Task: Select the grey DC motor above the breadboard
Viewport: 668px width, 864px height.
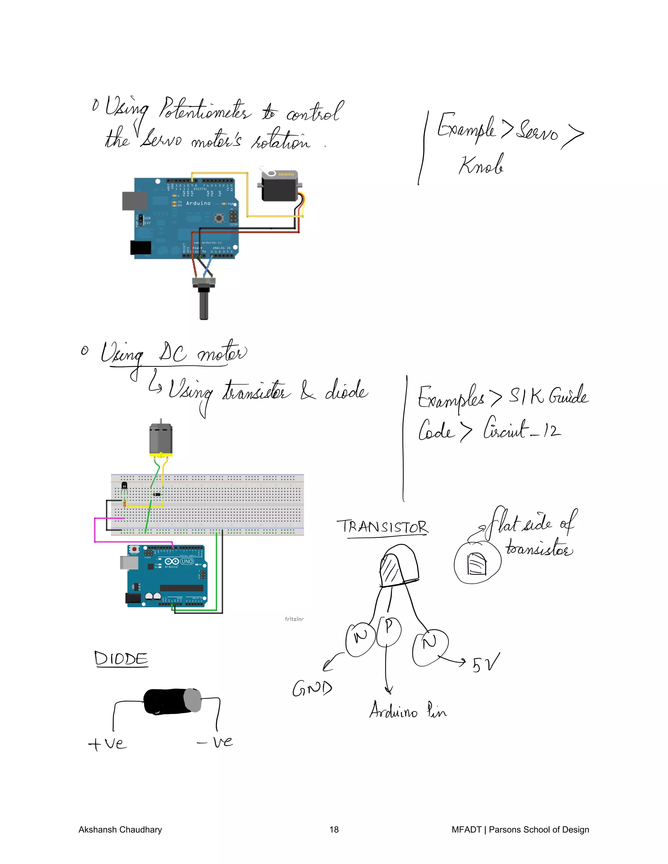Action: click(x=161, y=439)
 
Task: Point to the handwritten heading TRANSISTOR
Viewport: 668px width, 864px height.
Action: click(x=382, y=527)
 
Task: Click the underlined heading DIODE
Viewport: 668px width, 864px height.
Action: click(x=121, y=659)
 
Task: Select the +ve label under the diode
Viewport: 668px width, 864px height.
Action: click(x=108, y=743)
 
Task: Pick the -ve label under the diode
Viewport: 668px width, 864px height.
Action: click(x=216, y=742)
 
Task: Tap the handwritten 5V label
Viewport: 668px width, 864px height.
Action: click(x=486, y=663)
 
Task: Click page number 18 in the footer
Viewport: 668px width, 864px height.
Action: click(x=334, y=829)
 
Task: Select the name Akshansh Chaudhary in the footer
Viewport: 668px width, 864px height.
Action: click(x=120, y=829)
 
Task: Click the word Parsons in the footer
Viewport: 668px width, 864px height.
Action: click(x=505, y=829)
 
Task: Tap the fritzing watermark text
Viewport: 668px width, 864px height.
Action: click(x=294, y=619)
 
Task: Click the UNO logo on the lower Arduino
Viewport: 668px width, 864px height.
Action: click(x=187, y=561)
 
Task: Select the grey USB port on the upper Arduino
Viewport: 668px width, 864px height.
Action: click(x=135, y=201)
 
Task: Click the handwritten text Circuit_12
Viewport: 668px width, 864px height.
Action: click(x=522, y=430)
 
